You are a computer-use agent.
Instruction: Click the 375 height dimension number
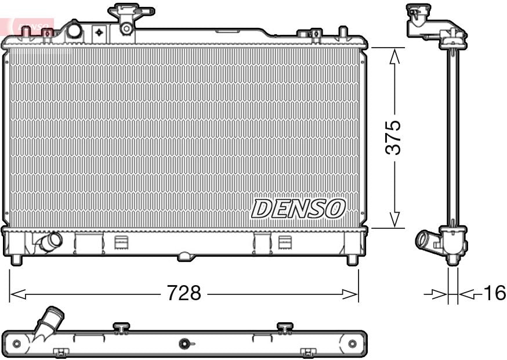[x=394, y=138]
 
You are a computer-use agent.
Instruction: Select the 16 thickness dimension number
[x=494, y=293]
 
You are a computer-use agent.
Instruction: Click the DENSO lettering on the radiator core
[x=298, y=208]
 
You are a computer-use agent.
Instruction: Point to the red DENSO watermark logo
[x=29, y=26]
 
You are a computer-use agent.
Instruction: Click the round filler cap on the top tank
[x=74, y=31]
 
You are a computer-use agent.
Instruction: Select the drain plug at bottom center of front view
[x=184, y=255]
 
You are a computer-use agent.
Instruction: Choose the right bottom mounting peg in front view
[x=352, y=260]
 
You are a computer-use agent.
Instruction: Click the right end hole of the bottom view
[x=352, y=344]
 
